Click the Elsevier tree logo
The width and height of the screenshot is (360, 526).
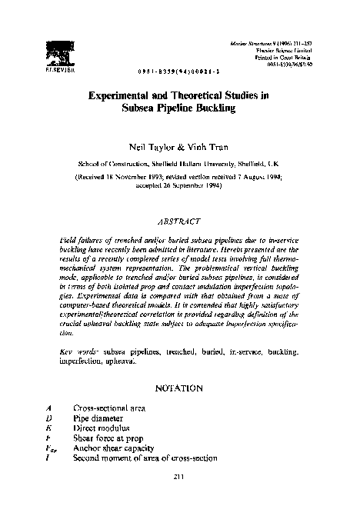click(58, 50)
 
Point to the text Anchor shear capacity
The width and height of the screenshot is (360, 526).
click(113, 449)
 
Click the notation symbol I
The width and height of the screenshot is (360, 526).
click(48, 458)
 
